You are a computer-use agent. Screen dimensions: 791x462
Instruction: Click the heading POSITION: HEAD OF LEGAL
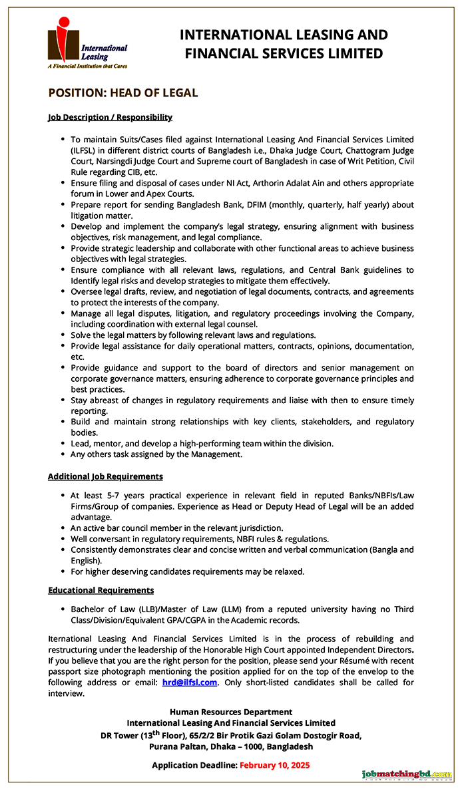coord(123,93)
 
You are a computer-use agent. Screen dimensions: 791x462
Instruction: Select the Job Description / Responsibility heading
coord(110,117)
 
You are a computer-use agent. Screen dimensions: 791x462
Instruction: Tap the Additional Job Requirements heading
coord(105,476)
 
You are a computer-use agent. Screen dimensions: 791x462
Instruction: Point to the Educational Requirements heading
coord(101,590)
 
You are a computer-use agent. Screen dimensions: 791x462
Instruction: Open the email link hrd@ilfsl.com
coord(189,682)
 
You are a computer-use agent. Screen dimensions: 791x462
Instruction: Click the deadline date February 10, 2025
coord(274,765)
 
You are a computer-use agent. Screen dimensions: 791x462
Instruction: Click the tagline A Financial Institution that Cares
coord(87,66)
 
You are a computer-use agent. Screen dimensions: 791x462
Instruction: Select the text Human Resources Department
coord(231,712)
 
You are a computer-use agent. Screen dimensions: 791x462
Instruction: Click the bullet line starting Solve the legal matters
coord(193,335)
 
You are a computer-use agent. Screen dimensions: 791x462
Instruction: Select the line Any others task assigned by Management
coord(156,454)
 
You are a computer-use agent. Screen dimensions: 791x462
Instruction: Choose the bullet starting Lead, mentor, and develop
coord(202,443)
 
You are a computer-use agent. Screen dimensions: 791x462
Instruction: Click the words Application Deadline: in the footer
coord(194,765)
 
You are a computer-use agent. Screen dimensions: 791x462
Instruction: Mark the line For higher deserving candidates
coord(187,571)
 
